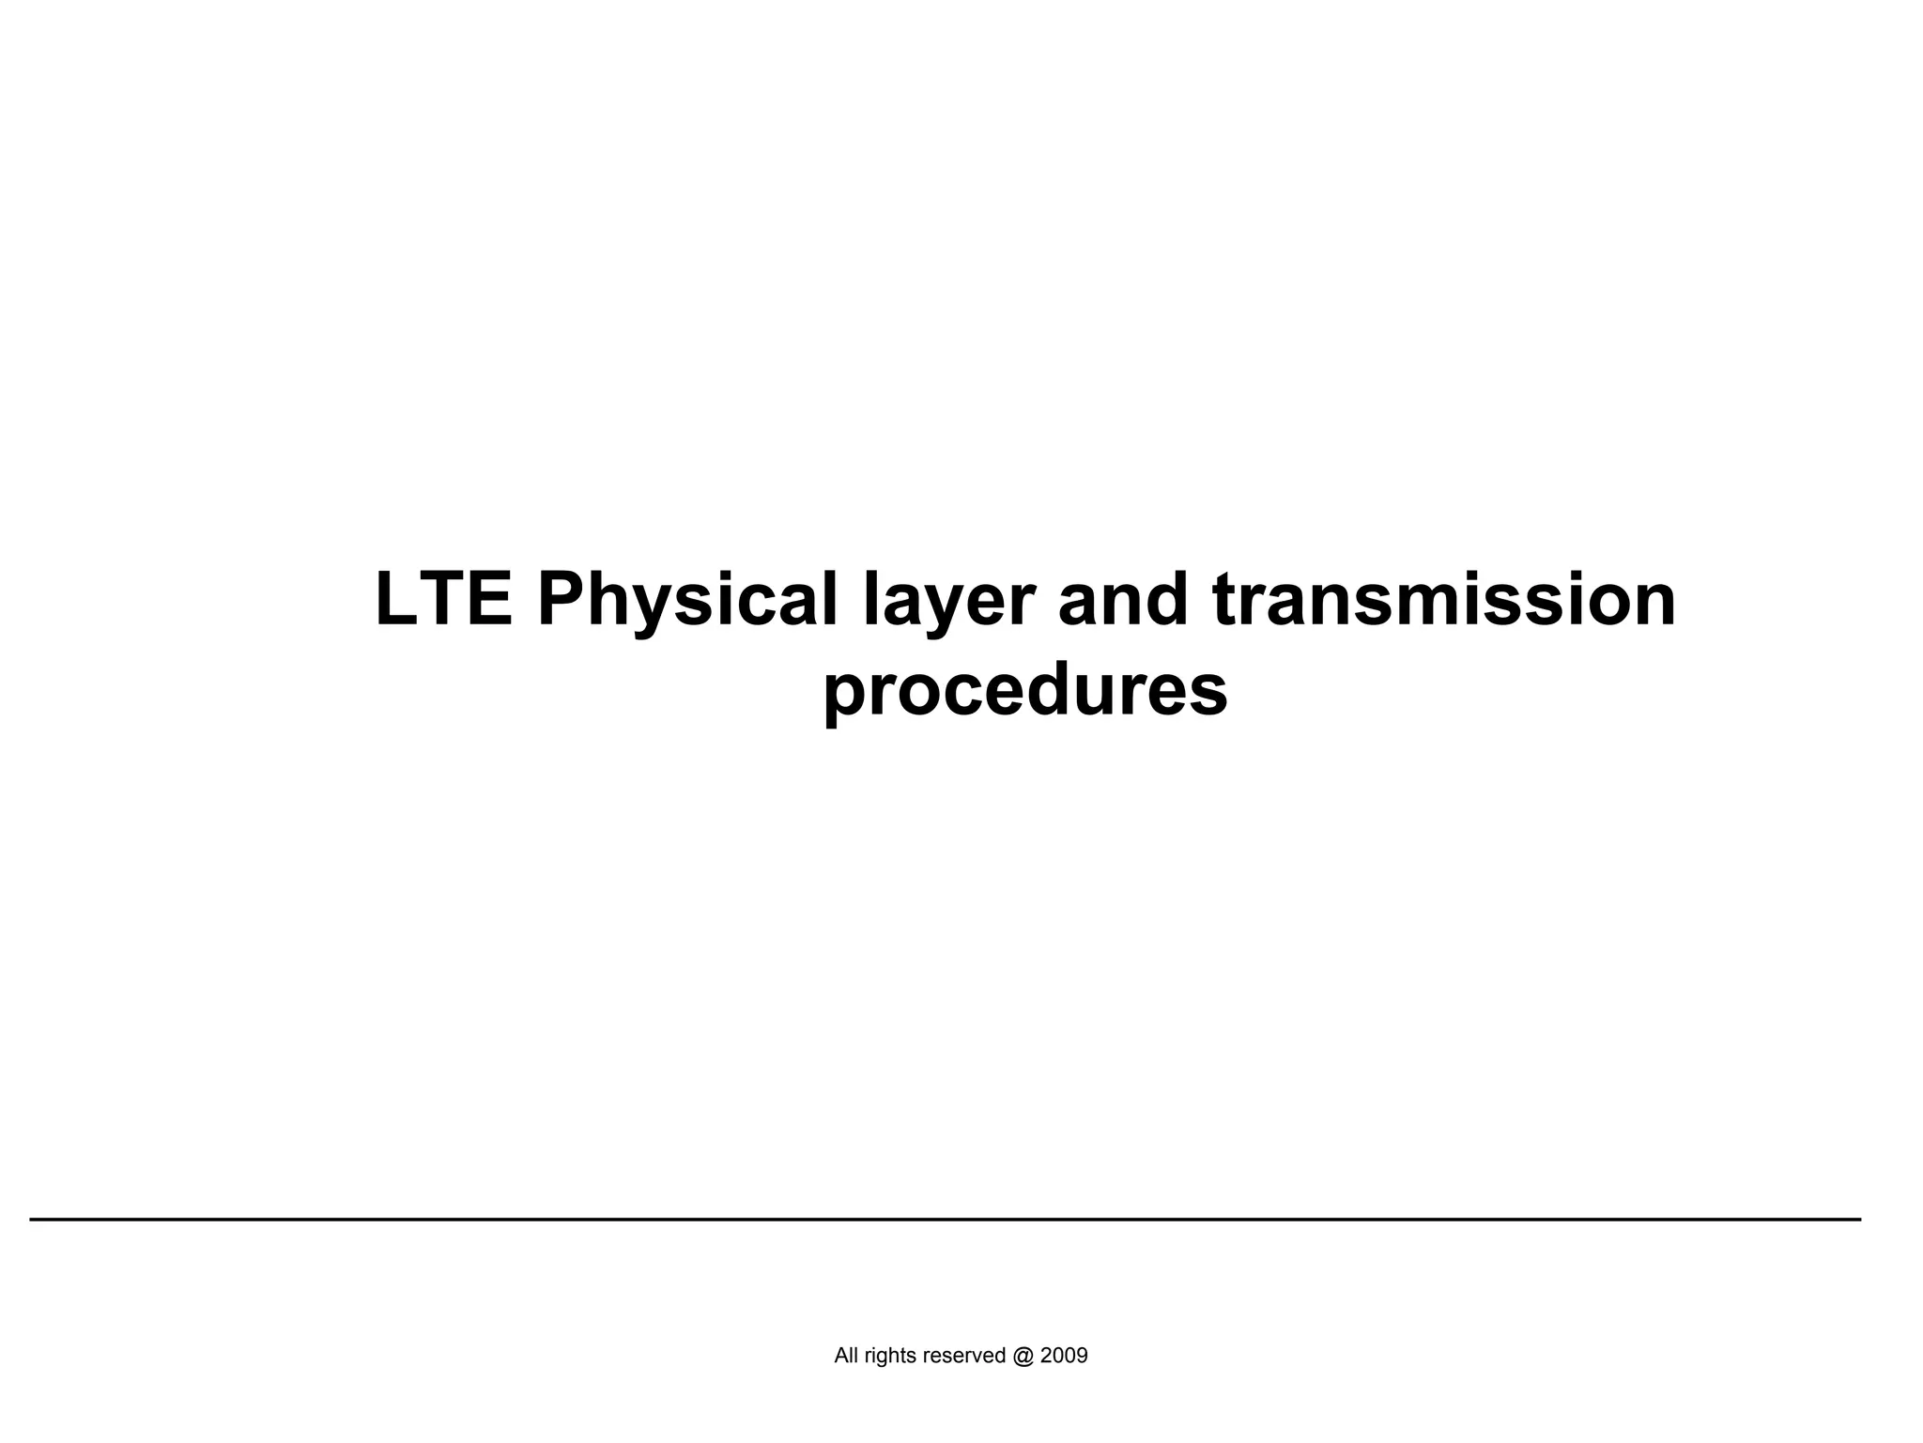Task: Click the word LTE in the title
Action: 444,600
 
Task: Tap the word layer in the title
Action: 949,602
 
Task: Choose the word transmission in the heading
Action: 1444,600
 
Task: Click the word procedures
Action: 1025,690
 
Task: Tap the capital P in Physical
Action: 562,600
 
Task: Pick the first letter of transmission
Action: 1224,602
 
